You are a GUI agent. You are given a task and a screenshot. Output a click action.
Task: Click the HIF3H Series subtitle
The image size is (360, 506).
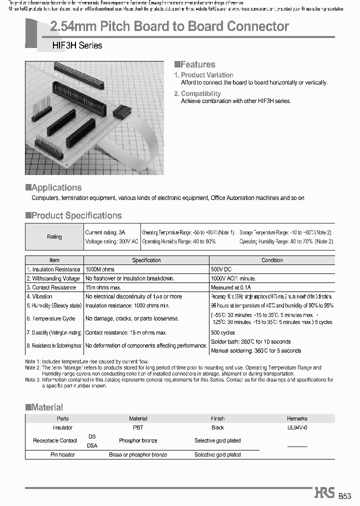click(77, 45)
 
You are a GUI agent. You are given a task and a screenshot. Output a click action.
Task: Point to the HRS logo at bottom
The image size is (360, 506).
click(324, 493)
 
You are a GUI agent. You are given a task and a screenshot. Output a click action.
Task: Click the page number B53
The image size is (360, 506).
click(345, 496)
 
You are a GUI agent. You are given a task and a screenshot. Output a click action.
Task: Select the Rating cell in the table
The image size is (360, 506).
click(54, 237)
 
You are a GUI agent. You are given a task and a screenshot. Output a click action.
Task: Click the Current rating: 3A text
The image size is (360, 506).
click(105, 232)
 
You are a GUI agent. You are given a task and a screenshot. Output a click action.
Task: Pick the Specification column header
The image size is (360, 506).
click(146, 260)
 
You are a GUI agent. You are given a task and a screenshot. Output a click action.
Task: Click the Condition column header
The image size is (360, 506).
click(272, 260)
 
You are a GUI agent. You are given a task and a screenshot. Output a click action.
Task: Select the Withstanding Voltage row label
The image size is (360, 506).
click(53, 278)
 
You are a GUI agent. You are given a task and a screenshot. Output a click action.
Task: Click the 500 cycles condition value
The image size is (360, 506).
click(222, 332)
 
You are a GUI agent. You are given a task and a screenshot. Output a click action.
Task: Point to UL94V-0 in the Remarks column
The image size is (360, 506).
click(297, 427)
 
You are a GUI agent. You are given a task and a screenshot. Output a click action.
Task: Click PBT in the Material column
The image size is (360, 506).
click(138, 427)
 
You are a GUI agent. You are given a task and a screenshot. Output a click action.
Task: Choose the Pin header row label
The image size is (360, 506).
click(62, 454)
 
